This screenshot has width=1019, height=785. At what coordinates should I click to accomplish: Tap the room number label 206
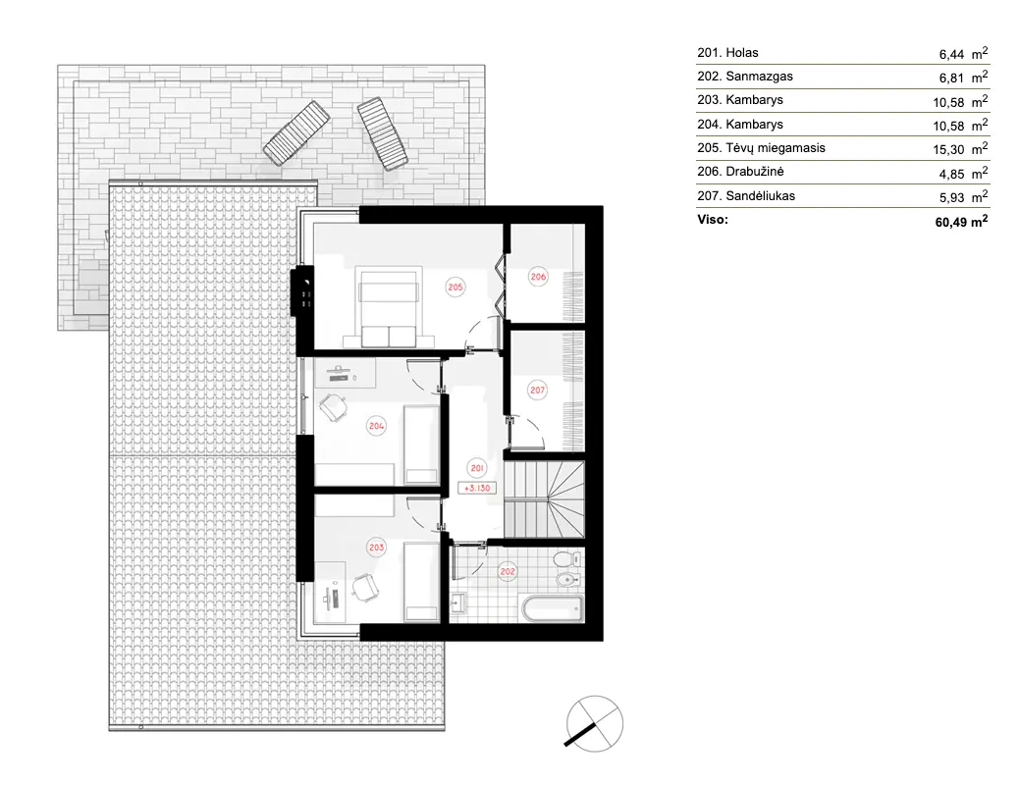(x=538, y=277)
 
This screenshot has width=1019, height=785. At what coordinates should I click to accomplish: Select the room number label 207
(x=537, y=390)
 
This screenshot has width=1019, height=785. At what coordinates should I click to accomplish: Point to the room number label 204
(x=376, y=425)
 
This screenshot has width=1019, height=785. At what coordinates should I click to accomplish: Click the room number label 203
(x=376, y=548)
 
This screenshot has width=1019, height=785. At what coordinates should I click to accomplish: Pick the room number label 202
(x=508, y=570)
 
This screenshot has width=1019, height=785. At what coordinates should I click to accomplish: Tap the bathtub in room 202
(x=551, y=609)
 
